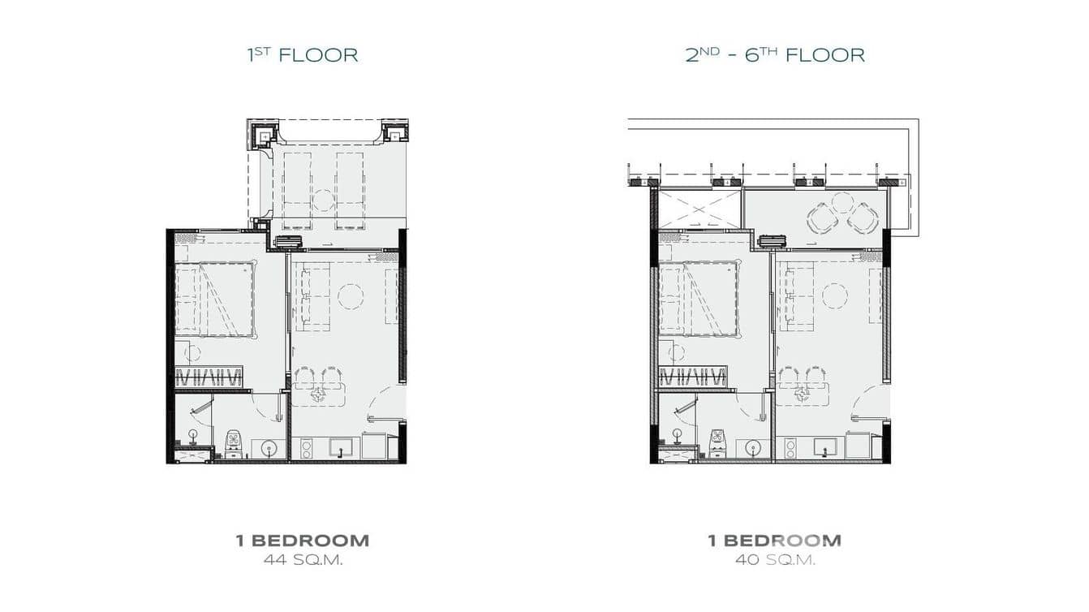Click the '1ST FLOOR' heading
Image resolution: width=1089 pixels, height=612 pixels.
303,55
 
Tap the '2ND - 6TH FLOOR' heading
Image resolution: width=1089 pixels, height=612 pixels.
775,55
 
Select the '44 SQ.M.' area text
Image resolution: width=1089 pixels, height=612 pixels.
303,560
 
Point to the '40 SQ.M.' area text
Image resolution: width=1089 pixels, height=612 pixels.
776,560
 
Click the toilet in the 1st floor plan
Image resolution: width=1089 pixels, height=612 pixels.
235,443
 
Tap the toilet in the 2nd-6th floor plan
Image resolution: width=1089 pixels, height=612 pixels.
718,443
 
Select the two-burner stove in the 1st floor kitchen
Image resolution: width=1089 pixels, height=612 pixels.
306,448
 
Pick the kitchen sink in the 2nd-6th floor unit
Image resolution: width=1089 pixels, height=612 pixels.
825,446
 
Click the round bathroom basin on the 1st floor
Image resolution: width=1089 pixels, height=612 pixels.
268,448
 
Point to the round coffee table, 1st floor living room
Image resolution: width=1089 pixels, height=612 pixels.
351,296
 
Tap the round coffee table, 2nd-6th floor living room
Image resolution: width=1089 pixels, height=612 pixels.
835,296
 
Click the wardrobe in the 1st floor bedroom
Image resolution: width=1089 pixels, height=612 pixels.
209,377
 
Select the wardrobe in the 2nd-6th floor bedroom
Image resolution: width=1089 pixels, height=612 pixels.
692,377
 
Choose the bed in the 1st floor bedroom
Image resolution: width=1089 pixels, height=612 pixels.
214,299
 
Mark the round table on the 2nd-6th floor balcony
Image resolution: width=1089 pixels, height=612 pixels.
841,203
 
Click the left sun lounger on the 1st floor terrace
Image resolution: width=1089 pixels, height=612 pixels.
297,191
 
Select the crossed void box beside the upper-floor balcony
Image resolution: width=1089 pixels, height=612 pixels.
699,209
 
